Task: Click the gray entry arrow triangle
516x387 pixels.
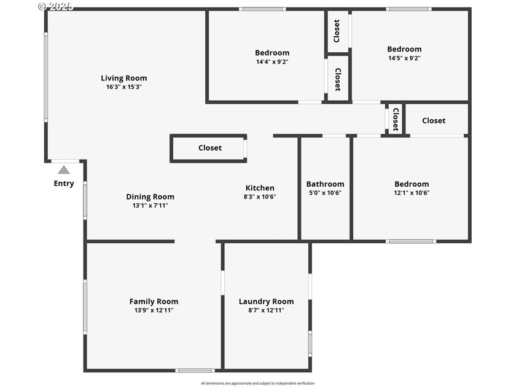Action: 64,170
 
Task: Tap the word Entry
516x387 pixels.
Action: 64,183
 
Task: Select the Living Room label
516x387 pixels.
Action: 124,78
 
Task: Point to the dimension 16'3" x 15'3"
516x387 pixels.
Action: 124,87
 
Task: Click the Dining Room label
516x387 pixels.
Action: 150,197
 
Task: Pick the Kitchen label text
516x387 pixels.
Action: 260,188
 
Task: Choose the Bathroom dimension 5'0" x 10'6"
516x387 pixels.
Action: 325,193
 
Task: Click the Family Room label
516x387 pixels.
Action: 154,301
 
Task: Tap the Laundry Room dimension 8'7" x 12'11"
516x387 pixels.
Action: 266,310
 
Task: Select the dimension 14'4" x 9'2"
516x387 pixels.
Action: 272,61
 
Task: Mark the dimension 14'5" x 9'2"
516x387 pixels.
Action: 404,58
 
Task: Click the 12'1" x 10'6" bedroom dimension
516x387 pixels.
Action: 412,193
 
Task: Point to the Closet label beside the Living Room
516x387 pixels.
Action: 210,148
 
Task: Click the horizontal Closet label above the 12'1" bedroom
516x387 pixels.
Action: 434,120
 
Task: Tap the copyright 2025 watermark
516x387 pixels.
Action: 55,6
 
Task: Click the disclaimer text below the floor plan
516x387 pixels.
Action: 257,383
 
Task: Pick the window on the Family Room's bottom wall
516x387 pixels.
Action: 195,370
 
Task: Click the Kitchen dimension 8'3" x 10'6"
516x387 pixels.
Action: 260,197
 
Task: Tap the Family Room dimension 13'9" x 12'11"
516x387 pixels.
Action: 154,310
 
